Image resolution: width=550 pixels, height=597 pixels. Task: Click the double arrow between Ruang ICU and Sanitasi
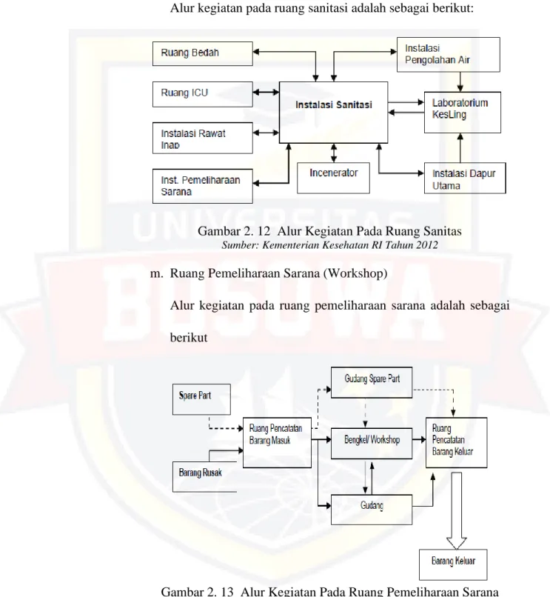click(x=266, y=92)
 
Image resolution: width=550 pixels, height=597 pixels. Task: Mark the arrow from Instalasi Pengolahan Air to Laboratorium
click(x=460, y=81)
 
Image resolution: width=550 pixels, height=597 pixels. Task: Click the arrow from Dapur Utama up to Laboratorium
click(x=460, y=147)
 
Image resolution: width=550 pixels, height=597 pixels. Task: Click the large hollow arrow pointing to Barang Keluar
click(x=457, y=510)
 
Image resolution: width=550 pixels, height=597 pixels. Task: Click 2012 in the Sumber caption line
click(x=426, y=245)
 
